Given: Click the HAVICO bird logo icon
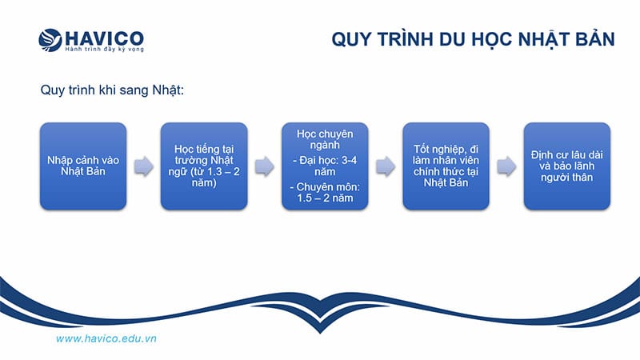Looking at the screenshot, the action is coord(50,40).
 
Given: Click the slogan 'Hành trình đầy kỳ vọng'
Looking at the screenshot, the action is coord(105,50).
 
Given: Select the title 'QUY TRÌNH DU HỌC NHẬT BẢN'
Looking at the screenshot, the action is coord(473,39).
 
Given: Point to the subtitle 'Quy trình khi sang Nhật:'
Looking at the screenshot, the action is coord(112,90).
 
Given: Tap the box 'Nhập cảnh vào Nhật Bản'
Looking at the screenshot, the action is coord(83,166).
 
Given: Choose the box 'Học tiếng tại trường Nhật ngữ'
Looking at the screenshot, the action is coord(204,166).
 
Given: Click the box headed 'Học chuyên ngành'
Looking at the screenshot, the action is coord(325,166).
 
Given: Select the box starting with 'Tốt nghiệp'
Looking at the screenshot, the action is coord(446,166).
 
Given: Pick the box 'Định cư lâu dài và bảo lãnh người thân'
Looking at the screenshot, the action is coord(567,166).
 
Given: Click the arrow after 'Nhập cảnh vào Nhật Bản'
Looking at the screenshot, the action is coord(144,166).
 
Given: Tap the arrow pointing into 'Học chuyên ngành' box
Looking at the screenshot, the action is coord(265,166).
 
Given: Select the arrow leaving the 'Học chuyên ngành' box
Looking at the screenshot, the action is coord(386,166).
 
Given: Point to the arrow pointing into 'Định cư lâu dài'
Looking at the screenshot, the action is coord(506,166).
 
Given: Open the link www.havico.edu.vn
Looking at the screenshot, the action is coord(106,338).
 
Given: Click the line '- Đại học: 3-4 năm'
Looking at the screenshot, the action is coord(325,166).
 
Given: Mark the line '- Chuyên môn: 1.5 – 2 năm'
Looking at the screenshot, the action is coord(325,193).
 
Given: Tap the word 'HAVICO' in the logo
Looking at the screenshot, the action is coord(105,38).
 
